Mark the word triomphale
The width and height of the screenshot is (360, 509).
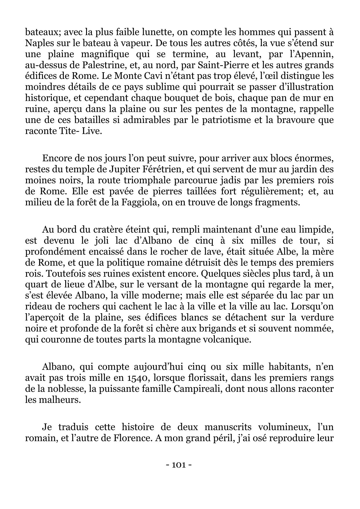pos(146,180)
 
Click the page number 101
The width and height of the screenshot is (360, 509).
pos(179,465)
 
